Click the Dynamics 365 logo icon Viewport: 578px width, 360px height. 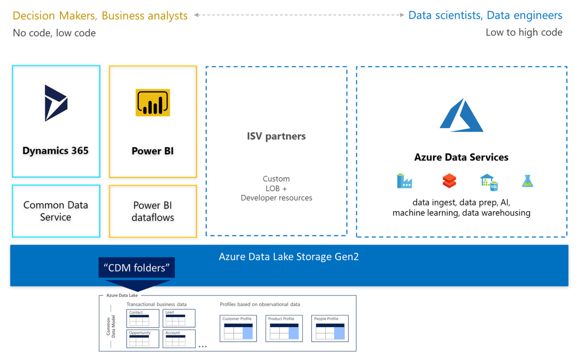coord(56,103)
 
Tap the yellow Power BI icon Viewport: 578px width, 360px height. coord(153,103)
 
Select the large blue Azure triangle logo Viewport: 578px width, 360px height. coord(461,116)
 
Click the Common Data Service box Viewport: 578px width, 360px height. coord(56,211)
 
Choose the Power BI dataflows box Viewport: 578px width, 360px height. coord(153,211)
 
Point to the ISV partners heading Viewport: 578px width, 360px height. coord(276,136)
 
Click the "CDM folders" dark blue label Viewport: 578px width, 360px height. coord(136,268)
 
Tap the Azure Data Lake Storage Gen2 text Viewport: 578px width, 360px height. coord(289,257)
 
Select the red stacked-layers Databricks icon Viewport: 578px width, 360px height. coord(449,181)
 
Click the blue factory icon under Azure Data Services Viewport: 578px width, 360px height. coord(404,181)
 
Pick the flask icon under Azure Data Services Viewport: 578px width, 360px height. coord(527,181)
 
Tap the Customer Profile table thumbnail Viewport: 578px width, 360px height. coord(238,328)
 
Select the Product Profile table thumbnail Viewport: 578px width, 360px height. coord(284,328)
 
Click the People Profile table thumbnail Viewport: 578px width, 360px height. coord(330,328)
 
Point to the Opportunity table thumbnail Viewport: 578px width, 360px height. coord(143,338)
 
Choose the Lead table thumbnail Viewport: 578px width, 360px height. coord(179,318)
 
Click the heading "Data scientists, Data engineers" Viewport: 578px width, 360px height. coord(485,15)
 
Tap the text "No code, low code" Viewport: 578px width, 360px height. coord(54,33)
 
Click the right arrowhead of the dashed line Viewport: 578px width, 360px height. coord(402,15)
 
